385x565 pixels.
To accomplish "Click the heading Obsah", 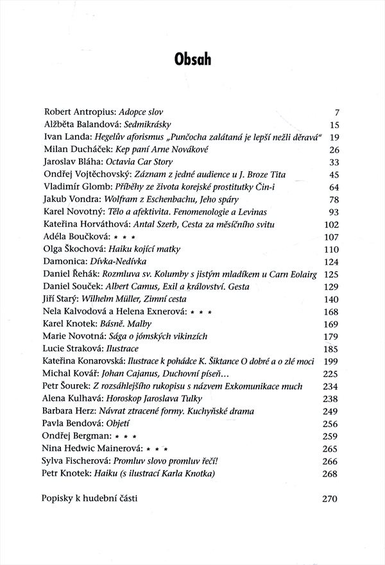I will pyautogui.click(x=193, y=60).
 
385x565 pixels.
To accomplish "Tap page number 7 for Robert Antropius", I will pyautogui.click(x=336, y=112).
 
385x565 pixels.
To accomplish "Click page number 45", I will pyautogui.click(x=333, y=174).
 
